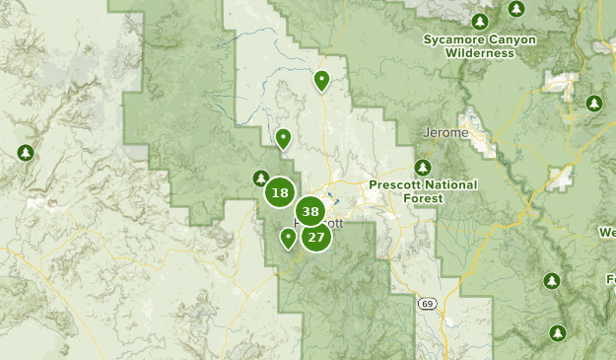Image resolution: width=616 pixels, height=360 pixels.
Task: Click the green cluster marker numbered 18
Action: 280,193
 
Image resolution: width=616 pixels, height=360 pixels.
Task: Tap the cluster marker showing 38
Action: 310,211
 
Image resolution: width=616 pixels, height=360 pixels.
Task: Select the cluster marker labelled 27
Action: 315,237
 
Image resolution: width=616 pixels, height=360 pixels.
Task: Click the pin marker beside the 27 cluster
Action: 288,238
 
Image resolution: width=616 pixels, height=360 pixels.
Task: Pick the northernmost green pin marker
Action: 321,80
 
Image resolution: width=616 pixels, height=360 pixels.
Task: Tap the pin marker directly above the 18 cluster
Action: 283,138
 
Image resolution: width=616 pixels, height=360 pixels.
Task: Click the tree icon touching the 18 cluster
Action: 261,179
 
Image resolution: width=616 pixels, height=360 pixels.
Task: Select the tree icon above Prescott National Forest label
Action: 423,167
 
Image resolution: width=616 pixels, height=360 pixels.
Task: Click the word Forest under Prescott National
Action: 424,198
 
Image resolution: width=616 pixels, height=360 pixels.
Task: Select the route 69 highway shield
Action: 422,302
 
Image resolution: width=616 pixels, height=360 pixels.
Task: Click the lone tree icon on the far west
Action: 26,153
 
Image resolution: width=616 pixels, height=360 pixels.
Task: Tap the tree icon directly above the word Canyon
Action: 480,22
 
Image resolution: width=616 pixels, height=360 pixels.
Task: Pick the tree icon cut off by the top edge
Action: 516,8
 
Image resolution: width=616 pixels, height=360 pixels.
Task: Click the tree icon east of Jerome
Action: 593,104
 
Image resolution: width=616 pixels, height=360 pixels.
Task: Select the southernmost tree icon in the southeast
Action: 558,332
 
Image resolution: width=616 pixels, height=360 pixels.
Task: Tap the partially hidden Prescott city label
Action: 329,223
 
